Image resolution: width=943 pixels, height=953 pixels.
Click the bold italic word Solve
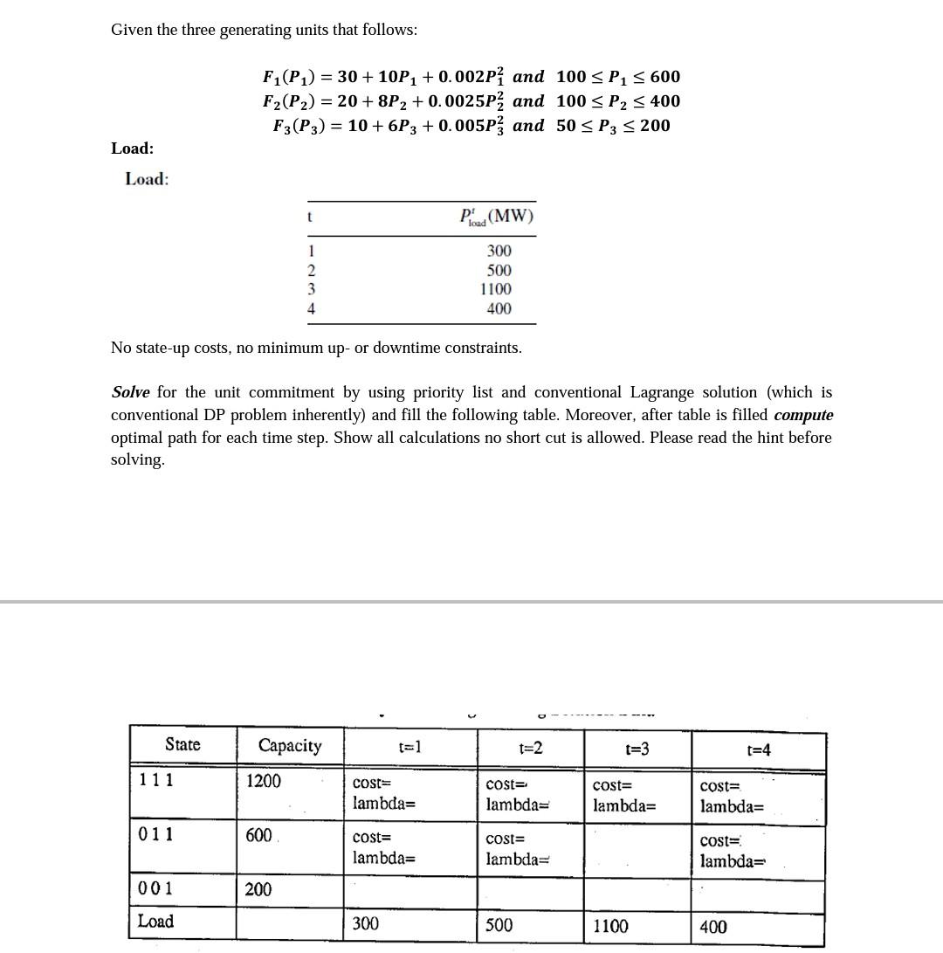(x=131, y=392)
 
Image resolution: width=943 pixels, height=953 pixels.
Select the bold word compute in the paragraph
(x=803, y=415)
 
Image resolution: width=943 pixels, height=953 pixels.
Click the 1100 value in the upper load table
(x=496, y=289)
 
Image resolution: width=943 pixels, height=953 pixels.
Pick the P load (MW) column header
(x=496, y=217)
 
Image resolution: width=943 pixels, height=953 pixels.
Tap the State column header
(x=182, y=744)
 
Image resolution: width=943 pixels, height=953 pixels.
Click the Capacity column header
(x=289, y=745)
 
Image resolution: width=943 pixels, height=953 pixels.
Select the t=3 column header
(x=637, y=749)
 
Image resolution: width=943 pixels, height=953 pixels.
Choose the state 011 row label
(x=156, y=834)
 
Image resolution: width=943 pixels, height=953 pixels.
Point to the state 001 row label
(x=156, y=889)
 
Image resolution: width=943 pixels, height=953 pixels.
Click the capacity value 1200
(x=264, y=781)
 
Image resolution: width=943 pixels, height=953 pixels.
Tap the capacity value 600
(x=259, y=835)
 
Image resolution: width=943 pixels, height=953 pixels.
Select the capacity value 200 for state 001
(x=258, y=889)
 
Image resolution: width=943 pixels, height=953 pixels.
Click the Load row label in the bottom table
(x=155, y=921)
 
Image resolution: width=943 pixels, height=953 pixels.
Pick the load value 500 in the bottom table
(x=499, y=924)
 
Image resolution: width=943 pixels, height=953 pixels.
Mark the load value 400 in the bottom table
(x=713, y=927)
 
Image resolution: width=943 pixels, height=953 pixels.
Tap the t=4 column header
(x=759, y=749)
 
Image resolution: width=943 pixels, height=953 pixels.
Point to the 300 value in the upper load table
(x=499, y=252)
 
